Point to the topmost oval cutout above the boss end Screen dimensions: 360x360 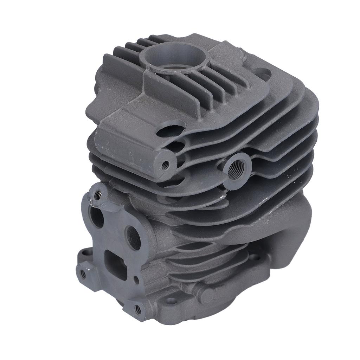pos(171,130)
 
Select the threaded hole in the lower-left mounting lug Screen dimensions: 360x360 pos(83,272)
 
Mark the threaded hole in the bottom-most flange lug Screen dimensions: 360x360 pos(138,309)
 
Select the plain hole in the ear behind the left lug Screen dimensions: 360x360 pos(83,252)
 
